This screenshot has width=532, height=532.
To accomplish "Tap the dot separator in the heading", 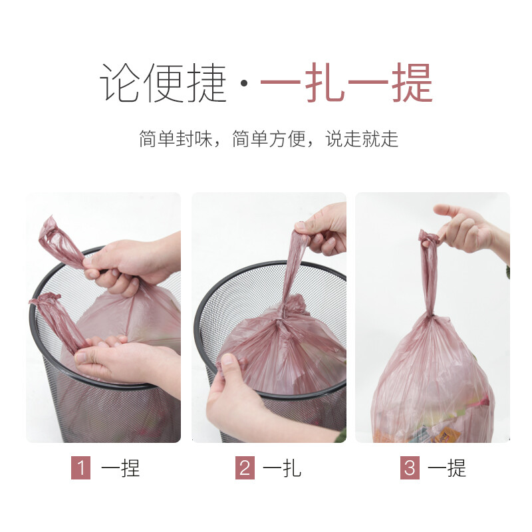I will tap(243, 84).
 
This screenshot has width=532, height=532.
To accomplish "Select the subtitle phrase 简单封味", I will tap(174, 139).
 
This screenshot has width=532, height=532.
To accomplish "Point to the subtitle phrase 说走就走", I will tap(362, 139).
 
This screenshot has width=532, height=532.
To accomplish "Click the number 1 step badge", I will tap(80, 468).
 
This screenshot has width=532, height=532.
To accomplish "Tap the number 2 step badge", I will tap(245, 468).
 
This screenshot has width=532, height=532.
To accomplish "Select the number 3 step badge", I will tap(410, 468).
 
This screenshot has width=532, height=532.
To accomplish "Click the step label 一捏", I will tap(120, 468).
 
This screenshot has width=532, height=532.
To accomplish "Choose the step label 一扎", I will tap(282, 468).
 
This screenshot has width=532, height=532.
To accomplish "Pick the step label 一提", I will tap(447, 468).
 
